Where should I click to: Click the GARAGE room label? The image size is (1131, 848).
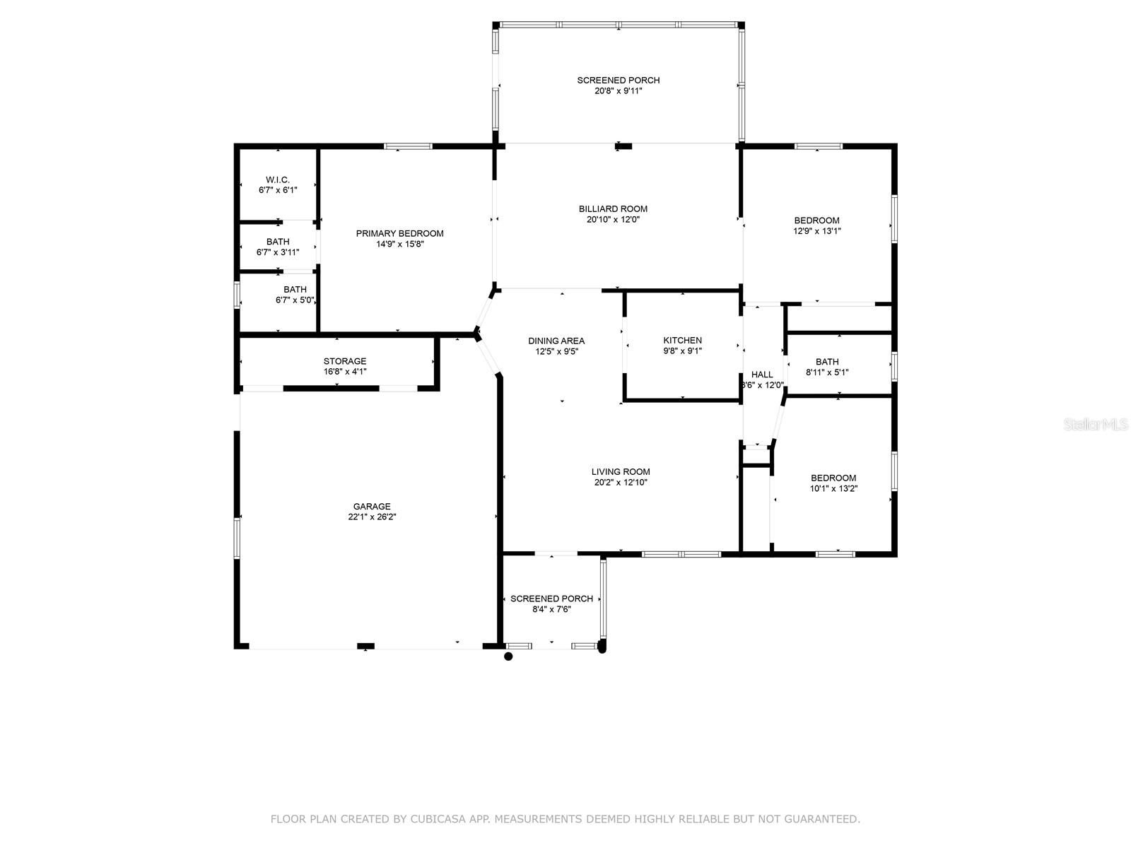point(372,507)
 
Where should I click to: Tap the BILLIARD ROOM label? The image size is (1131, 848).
point(613,209)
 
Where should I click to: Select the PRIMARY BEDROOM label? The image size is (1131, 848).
point(399,234)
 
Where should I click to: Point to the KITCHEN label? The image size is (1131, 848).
point(682,341)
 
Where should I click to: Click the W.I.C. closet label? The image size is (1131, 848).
point(278,179)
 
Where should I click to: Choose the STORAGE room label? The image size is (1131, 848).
point(345,361)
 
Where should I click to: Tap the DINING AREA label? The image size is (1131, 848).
point(556,341)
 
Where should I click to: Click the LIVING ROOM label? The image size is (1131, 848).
point(621,471)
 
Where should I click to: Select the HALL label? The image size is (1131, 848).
point(761,375)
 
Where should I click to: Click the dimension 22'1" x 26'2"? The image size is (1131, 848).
point(372,517)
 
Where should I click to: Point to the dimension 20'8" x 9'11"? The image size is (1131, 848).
point(619,91)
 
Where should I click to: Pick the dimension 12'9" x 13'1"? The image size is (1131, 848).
point(816,231)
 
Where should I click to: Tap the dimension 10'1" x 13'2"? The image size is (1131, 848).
point(833,488)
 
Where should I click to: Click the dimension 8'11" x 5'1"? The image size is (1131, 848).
point(827,372)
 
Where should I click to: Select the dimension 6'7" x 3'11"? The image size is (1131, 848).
point(278,252)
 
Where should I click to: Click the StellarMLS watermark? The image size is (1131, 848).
point(1096,425)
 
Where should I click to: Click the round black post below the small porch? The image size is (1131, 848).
point(508,656)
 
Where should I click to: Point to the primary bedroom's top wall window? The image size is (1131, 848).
point(408,146)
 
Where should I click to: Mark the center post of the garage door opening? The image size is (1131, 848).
point(366,646)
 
